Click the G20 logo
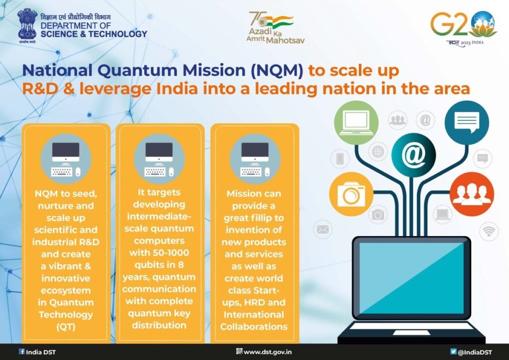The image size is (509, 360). (463, 28)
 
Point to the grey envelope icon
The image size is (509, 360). (323, 229)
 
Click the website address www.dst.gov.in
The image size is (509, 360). (267, 352)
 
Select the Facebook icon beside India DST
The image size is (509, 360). (21, 352)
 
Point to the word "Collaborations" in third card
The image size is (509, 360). (254, 327)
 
